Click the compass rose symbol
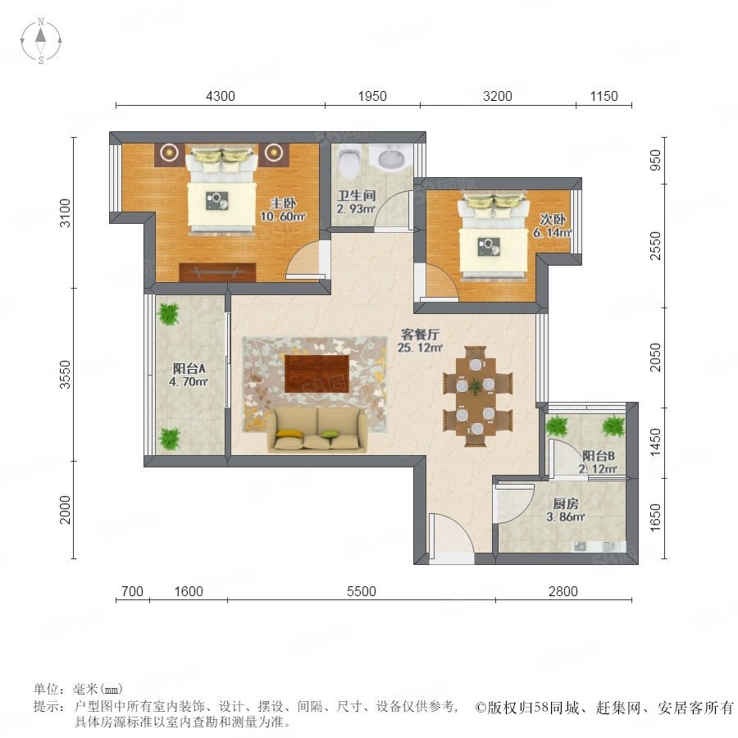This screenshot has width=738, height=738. (x=41, y=40)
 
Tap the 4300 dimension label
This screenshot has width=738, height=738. (x=221, y=96)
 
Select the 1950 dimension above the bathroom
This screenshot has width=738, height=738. (x=372, y=96)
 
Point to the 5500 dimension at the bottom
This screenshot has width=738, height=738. (x=362, y=591)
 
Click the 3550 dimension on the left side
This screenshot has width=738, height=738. (x=66, y=375)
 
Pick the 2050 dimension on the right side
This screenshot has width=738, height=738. (x=654, y=357)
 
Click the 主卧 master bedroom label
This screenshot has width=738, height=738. (x=284, y=203)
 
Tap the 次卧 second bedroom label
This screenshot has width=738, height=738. (x=553, y=219)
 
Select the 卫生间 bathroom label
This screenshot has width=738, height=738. (x=357, y=195)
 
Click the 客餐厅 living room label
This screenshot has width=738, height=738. (x=420, y=335)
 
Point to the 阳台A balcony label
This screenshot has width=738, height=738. (x=189, y=368)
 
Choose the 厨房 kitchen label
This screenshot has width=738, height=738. (x=565, y=504)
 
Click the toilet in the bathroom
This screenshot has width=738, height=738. (x=350, y=161)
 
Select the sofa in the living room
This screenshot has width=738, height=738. (x=317, y=430)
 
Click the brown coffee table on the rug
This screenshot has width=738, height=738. (x=317, y=373)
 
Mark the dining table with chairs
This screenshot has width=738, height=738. (x=476, y=396)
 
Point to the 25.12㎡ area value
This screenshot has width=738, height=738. (x=421, y=348)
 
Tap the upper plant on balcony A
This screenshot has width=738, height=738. (x=168, y=313)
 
